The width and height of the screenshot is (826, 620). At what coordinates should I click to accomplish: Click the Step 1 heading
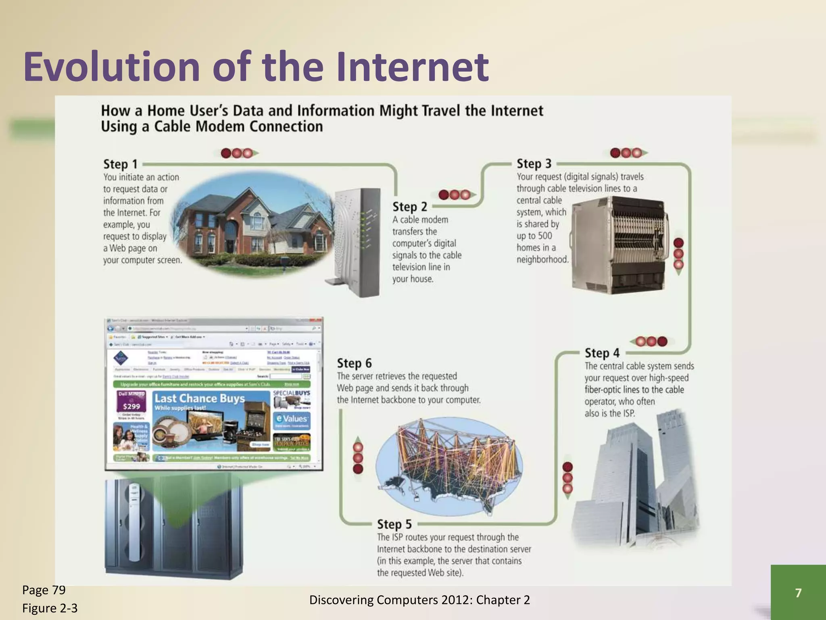(x=120, y=164)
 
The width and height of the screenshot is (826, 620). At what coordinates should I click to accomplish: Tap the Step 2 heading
(x=409, y=207)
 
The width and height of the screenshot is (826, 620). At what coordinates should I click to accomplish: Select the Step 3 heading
(x=534, y=164)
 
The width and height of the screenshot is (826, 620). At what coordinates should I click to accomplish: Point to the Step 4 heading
(x=602, y=353)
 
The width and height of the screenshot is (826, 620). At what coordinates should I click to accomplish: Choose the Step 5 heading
(x=394, y=524)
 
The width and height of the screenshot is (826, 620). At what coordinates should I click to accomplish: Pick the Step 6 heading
(x=354, y=363)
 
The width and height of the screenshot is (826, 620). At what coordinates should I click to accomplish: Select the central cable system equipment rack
(x=619, y=244)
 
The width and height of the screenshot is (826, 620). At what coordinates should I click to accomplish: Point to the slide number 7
(x=798, y=593)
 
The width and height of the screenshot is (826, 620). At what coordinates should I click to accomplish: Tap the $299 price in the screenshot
(x=131, y=406)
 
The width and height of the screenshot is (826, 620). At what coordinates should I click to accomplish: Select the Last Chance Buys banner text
(x=200, y=398)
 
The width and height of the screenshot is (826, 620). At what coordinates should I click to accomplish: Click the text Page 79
(x=44, y=590)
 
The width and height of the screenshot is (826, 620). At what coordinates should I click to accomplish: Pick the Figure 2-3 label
(x=50, y=608)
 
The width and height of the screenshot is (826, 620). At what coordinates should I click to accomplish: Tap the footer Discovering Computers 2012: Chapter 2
(x=419, y=600)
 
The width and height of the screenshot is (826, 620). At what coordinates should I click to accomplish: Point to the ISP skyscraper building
(x=635, y=480)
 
